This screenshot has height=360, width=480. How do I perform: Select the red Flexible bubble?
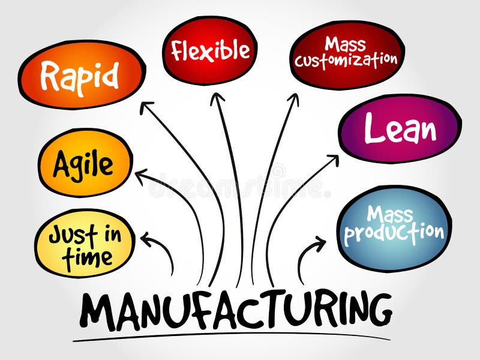point(209,50)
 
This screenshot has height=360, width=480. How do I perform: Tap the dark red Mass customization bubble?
point(347,53)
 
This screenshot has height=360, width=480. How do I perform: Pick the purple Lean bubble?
point(400,128)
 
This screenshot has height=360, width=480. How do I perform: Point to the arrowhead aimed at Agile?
point(140,175)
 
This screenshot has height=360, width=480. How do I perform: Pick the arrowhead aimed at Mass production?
point(320,243)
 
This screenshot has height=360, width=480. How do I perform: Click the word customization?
point(346,61)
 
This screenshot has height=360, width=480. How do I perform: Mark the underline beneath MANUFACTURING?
point(228,337)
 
